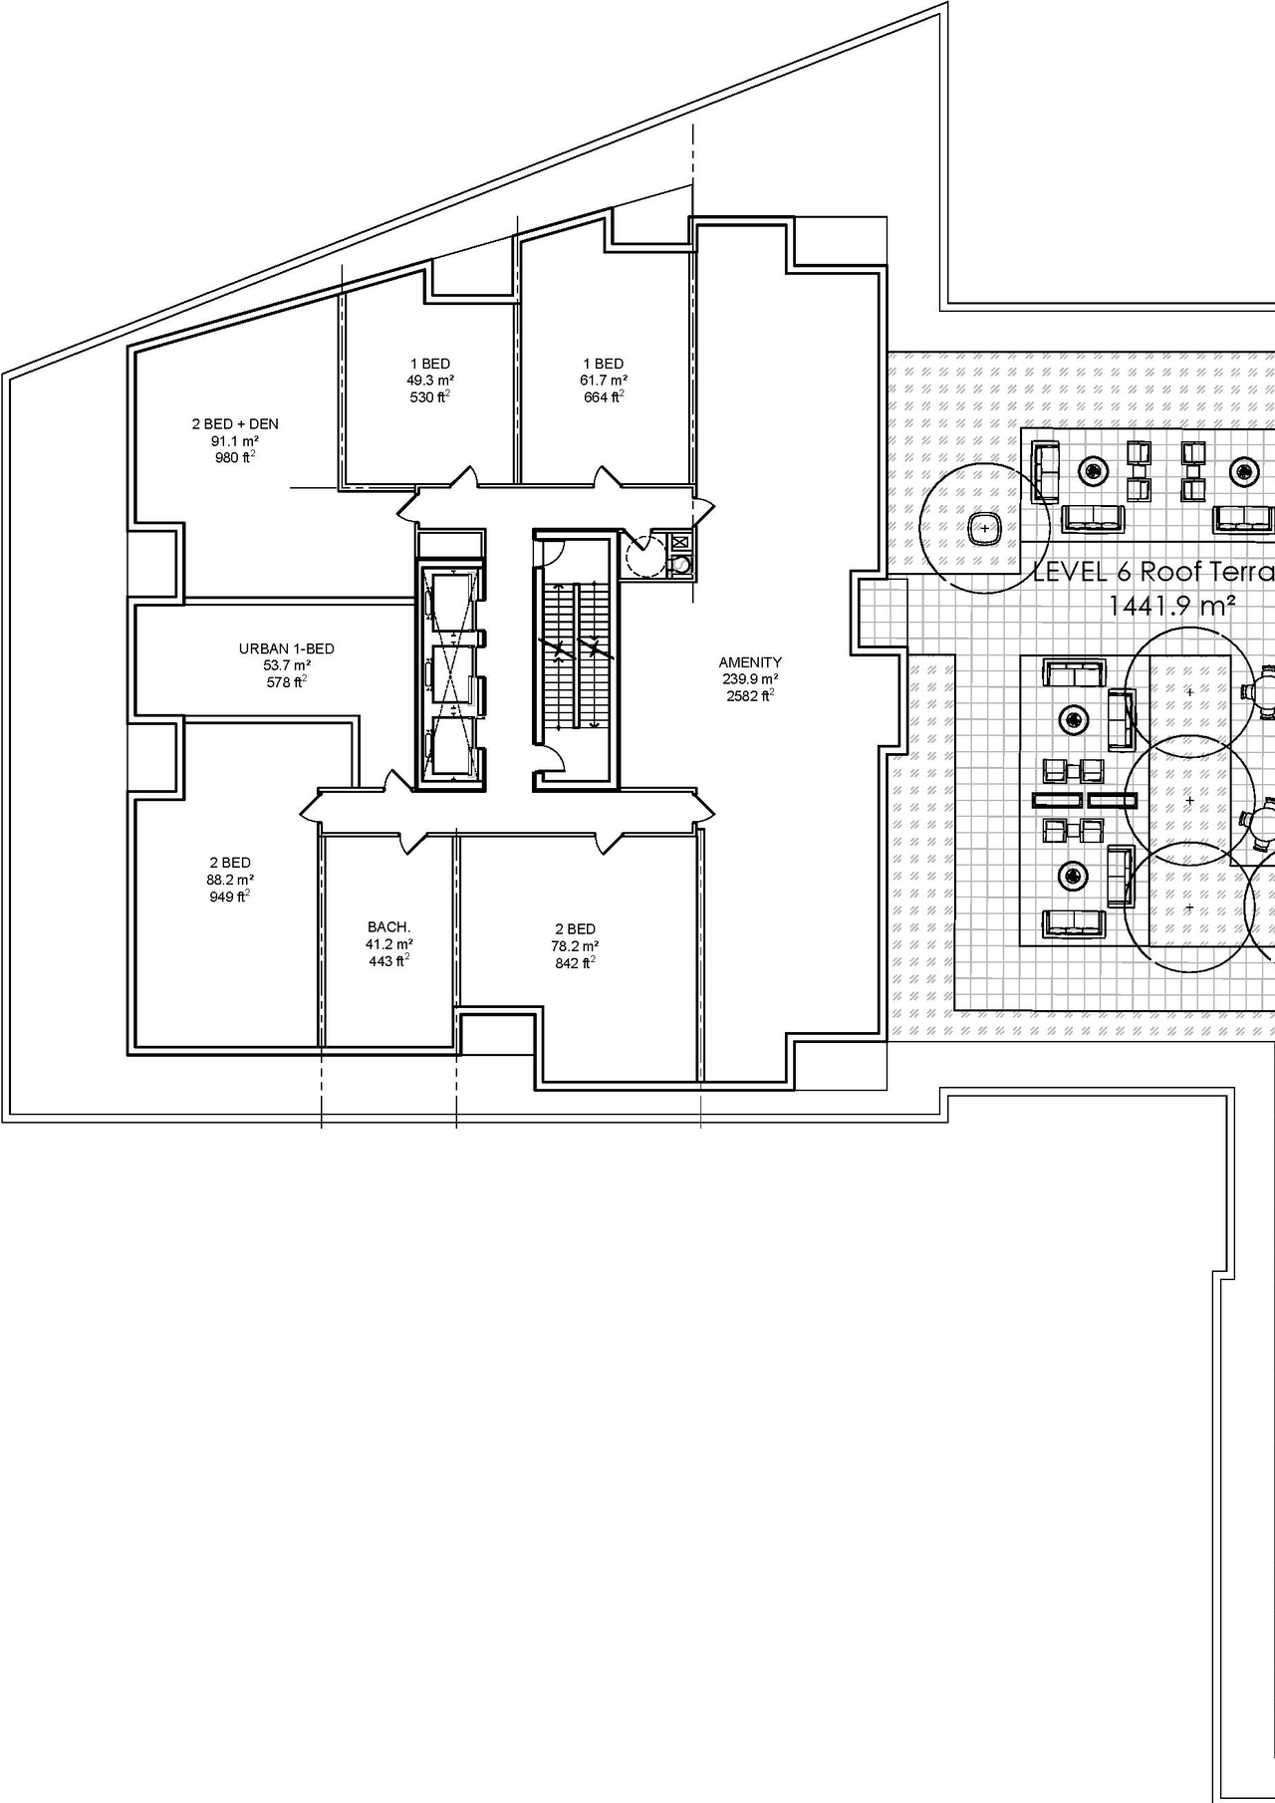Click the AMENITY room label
[750, 661]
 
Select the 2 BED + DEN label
[235, 424]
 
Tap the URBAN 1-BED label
[286, 648]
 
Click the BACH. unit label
[389, 926]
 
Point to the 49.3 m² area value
[430, 381]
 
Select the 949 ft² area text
[230, 897]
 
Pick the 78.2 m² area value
[575, 946]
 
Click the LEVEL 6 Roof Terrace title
[1153, 573]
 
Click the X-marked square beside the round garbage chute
[680, 543]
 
